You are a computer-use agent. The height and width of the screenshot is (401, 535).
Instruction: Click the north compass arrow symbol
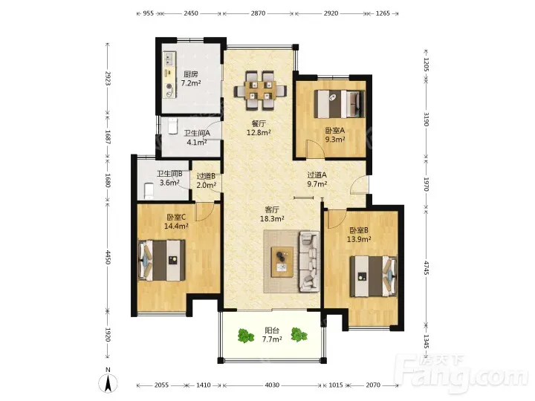click(108, 382)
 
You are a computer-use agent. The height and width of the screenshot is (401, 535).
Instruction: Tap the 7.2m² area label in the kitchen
click(191, 83)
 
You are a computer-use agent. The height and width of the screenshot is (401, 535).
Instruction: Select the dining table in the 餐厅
click(260, 91)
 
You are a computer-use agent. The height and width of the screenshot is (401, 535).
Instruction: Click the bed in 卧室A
click(340, 103)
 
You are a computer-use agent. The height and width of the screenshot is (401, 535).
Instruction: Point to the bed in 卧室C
click(162, 260)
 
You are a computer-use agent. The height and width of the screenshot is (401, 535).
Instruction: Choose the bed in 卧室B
click(373, 276)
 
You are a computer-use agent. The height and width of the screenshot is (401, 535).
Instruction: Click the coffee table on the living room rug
click(282, 261)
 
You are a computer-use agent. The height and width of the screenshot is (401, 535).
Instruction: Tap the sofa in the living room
click(309, 261)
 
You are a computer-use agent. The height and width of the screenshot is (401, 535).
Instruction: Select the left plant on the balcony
click(246, 336)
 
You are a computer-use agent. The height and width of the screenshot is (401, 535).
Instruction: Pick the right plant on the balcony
click(299, 334)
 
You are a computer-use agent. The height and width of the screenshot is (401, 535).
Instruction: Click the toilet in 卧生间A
click(173, 125)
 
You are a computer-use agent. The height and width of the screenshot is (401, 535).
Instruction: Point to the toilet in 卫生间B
click(149, 191)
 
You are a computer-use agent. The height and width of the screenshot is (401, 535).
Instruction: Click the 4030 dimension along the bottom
click(272, 385)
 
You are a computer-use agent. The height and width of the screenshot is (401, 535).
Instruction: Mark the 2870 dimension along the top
click(258, 13)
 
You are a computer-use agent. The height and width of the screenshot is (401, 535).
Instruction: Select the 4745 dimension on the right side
click(427, 267)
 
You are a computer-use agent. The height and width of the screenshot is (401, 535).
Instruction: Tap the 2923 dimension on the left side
click(108, 79)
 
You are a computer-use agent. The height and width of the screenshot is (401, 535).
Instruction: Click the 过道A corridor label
click(317, 175)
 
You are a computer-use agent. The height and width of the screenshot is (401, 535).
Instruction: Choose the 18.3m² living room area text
click(272, 218)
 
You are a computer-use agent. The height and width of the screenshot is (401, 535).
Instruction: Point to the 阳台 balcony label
click(272, 330)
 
